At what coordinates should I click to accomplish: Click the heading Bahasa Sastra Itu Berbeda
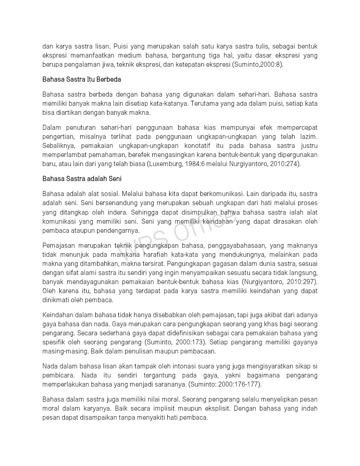coord(82,79)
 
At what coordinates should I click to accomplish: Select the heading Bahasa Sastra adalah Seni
coord(82,179)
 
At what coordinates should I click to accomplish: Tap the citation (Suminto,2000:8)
coord(257,64)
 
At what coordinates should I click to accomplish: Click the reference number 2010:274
coord(285,164)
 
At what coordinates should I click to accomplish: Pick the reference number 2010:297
coord(302,281)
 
